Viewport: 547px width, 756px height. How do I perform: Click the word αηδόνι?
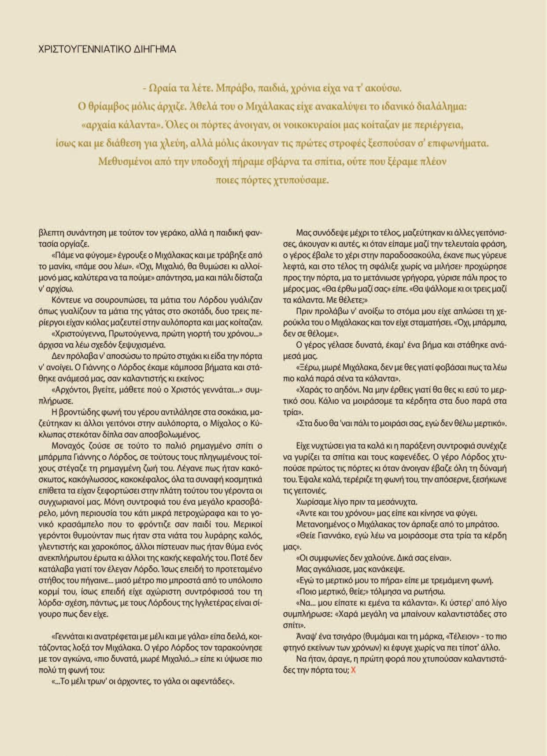341,389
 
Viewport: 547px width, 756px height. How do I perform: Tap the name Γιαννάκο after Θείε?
330,535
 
